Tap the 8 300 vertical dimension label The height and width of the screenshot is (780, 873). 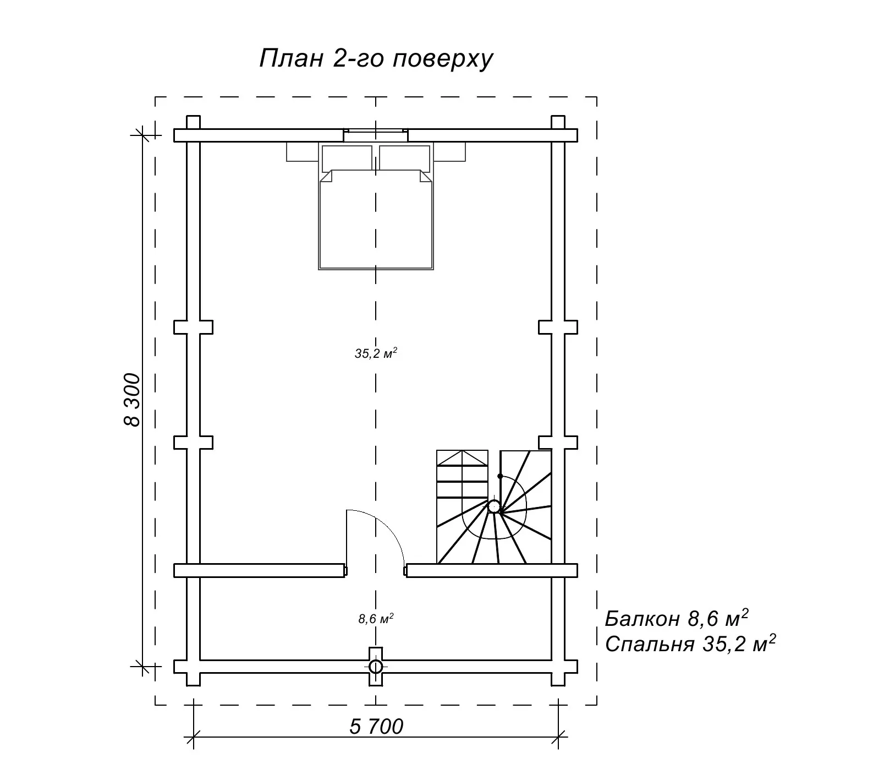[132, 400]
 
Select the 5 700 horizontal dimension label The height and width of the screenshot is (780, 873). [376, 727]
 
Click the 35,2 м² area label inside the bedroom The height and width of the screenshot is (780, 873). [376, 353]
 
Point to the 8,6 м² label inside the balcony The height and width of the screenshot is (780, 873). [376, 619]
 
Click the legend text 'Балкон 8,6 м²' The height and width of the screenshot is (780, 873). [677, 618]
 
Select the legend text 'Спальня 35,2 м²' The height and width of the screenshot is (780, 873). [690, 643]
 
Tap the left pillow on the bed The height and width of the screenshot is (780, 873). [347, 157]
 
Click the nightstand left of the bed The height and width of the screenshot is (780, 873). [303, 151]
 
